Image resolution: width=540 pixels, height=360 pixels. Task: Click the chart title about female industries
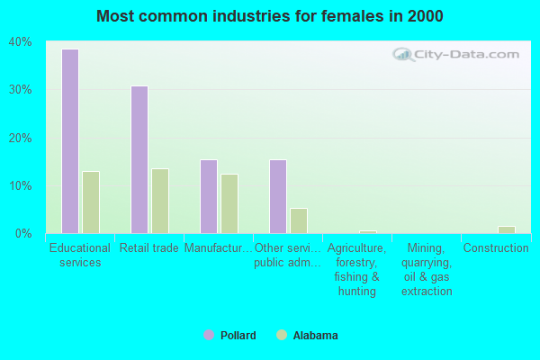pyautogui.click(x=270, y=16)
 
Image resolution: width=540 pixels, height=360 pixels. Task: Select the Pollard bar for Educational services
pyautogui.click(x=69, y=141)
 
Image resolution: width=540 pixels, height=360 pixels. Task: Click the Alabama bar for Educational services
pyautogui.click(x=91, y=202)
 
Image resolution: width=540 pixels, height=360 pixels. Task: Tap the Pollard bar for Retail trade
pyautogui.click(x=139, y=159)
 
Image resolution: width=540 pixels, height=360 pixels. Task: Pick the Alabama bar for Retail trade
pyautogui.click(x=160, y=201)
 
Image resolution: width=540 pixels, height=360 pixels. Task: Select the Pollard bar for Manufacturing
pyautogui.click(x=208, y=196)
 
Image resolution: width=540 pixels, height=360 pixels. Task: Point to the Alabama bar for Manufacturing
pyautogui.click(x=229, y=203)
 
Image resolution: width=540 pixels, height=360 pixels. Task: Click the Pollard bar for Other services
pyautogui.click(x=277, y=196)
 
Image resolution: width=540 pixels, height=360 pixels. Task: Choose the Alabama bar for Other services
pyautogui.click(x=299, y=220)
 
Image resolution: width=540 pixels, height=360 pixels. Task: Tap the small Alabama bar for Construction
pyautogui.click(x=507, y=229)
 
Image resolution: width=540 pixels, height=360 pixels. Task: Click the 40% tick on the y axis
pyautogui.click(x=20, y=42)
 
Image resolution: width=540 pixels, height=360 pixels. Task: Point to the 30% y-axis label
pyautogui.click(x=20, y=90)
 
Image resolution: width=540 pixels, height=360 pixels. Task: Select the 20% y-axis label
pyautogui.click(x=20, y=138)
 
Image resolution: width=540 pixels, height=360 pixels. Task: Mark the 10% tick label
pyautogui.click(x=20, y=185)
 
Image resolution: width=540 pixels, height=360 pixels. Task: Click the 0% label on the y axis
pyautogui.click(x=23, y=233)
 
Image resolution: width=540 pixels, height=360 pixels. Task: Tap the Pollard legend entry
pyautogui.click(x=230, y=336)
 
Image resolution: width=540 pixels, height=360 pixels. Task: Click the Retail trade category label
pyautogui.click(x=149, y=248)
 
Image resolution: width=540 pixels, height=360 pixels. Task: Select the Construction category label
pyautogui.click(x=495, y=248)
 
